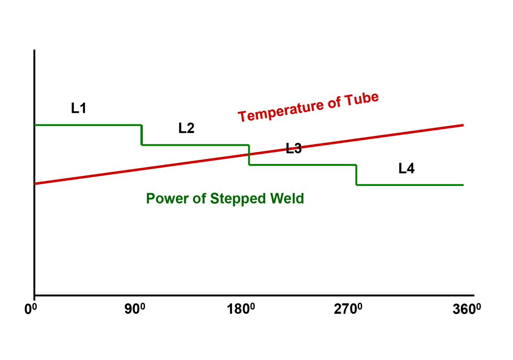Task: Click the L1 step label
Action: tap(79, 108)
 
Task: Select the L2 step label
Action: tap(186, 129)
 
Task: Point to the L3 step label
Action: tap(294, 149)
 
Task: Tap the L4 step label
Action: tap(407, 169)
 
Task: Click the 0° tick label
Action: tap(31, 310)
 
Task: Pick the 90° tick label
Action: tap(135, 310)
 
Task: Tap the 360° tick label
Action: tap(461, 310)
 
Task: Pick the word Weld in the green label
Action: tap(288, 198)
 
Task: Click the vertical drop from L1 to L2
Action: tap(142, 135)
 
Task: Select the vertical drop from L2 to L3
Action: tap(249, 155)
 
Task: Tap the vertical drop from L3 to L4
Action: tap(356, 175)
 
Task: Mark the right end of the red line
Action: tap(463, 125)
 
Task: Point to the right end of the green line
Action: tap(463, 185)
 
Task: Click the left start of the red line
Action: tap(35, 183)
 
